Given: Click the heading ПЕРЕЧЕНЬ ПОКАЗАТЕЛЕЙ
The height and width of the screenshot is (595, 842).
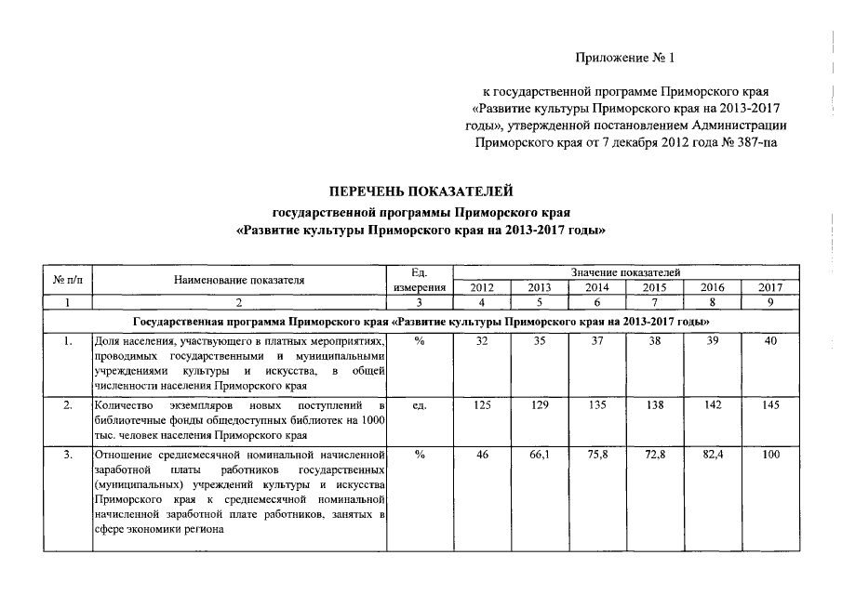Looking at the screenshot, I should [x=421, y=192].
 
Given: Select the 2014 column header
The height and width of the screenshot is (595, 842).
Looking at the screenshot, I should [x=596, y=288].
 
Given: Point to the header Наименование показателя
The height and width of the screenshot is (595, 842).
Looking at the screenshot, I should [x=239, y=280].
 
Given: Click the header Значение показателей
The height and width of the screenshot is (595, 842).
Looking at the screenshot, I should [x=625, y=271].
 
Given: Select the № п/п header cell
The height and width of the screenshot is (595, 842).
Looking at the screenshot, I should [x=68, y=280].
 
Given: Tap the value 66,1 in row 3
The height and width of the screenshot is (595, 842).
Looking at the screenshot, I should [x=540, y=456].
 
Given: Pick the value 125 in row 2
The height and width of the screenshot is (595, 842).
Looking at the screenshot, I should [x=482, y=407].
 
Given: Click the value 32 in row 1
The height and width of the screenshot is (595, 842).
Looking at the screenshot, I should [x=482, y=342].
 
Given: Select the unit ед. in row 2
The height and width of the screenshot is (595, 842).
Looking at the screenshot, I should [x=419, y=407].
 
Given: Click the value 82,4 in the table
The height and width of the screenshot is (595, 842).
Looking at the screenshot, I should [x=712, y=456].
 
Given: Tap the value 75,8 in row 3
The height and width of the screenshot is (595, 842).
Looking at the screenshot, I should [x=596, y=456].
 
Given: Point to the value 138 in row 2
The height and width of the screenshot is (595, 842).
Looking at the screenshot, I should [x=654, y=407].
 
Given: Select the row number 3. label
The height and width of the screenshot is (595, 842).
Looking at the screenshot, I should [x=68, y=456].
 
